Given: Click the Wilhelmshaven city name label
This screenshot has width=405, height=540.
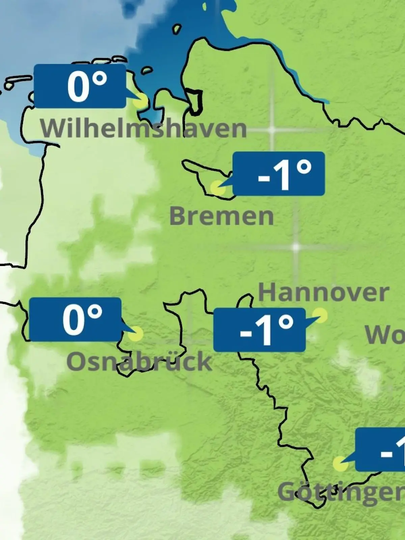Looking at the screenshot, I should point(143,128).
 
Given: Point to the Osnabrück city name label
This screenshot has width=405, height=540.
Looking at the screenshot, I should point(139,361).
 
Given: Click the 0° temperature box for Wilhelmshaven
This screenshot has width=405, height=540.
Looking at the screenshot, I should point(80,86).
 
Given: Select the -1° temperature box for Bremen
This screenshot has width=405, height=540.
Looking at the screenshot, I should point(279,174).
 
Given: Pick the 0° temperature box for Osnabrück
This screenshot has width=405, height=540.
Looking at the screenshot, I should point(75,319).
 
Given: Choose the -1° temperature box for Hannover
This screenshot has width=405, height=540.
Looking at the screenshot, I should point(260,330).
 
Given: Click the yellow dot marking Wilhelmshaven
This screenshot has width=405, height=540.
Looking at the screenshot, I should point(140,101).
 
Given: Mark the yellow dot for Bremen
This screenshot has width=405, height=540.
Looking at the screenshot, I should point(217,187).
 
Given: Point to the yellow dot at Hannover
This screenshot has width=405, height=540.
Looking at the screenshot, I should point(320,315).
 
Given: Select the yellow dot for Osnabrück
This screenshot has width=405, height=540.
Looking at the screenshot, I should point(136,334).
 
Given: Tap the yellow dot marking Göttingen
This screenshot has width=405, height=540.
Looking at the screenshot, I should point(340,464).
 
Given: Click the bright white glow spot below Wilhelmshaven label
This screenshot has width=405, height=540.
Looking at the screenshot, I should point(272,130).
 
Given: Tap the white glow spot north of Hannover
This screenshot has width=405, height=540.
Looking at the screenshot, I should point(296,247).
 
